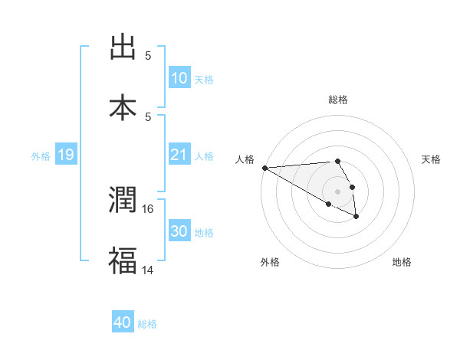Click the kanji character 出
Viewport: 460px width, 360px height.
point(123,47)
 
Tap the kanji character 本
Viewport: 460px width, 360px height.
point(123,107)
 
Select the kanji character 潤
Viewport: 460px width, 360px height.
point(123,201)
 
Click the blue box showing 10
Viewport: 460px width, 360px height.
point(179,78)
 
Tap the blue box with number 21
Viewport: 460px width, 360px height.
point(179,155)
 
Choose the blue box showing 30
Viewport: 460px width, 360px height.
point(179,232)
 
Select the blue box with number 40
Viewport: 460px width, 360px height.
point(123,323)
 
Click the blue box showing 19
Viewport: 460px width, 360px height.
point(66,155)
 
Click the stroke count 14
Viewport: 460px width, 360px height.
point(147,269)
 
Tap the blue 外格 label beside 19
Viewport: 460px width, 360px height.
point(41,156)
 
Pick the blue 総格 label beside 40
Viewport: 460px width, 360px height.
point(147,324)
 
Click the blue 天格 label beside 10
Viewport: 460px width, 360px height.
point(204,79)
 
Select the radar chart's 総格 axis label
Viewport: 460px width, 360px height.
point(338,100)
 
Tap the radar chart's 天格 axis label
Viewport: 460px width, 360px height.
point(432,159)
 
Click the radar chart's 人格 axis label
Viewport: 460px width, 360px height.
point(245,159)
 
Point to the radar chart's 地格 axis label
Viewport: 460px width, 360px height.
point(402,262)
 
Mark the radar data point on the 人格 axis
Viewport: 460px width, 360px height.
point(264,168)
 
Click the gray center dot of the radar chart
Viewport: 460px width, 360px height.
point(338,191)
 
